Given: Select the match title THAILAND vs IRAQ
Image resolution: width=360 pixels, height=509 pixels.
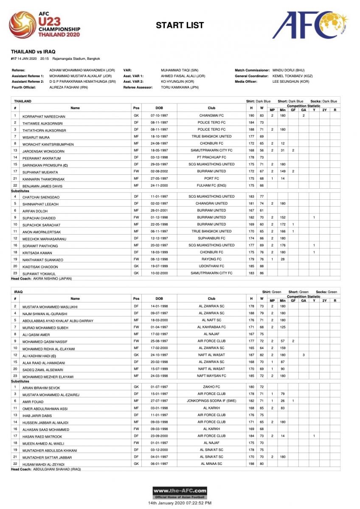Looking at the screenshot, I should pyautogui.click(x=33, y=51).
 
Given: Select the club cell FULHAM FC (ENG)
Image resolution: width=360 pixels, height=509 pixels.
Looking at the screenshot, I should pyautogui.click(x=211, y=185).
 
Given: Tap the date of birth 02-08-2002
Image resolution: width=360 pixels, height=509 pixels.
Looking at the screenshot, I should pyautogui.click(x=159, y=171).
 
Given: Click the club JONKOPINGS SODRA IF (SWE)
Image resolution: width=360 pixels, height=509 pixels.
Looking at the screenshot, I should pyautogui.click(x=211, y=401).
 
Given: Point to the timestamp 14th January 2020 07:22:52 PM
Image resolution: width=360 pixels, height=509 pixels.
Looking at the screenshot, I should pyautogui.click(x=180, y=503).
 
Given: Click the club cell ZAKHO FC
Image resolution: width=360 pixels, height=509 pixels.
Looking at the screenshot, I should pyautogui.click(x=211, y=387).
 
